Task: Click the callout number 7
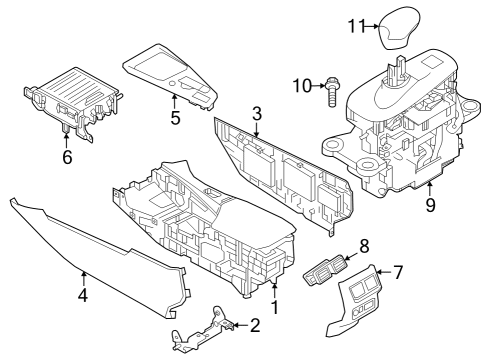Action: pyautogui.click(x=398, y=272)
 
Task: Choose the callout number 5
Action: pyautogui.click(x=175, y=118)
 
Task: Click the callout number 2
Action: pyautogui.click(x=254, y=325)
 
